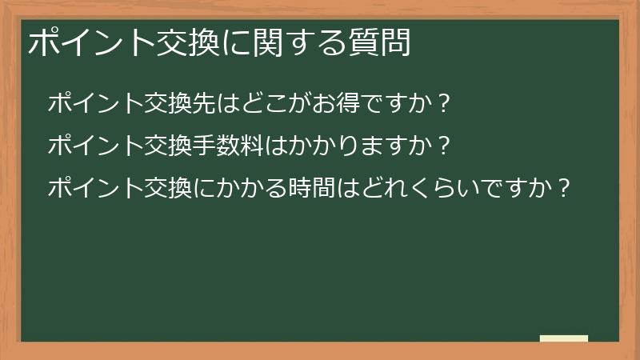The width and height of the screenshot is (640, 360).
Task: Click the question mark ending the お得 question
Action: click(x=445, y=103)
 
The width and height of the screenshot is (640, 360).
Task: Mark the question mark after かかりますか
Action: click(x=445, y=146)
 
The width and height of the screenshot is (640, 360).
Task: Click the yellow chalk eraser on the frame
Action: click(x=564, y=339)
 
